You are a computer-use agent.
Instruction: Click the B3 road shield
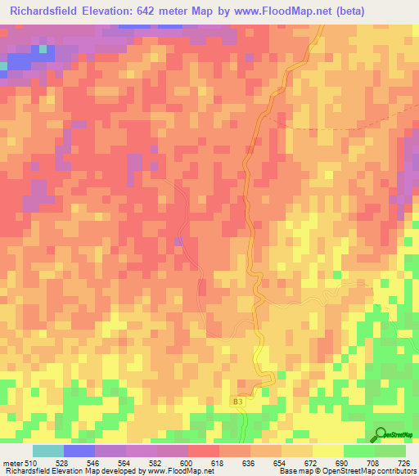237,402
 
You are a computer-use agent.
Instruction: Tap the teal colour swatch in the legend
48,451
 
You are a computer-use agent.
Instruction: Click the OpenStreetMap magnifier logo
381,436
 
